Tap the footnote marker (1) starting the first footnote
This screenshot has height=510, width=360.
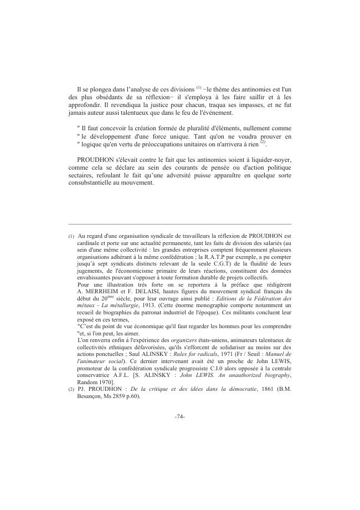[x=71, y=236]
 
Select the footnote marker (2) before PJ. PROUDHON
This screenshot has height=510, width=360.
[x=71, y=404]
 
